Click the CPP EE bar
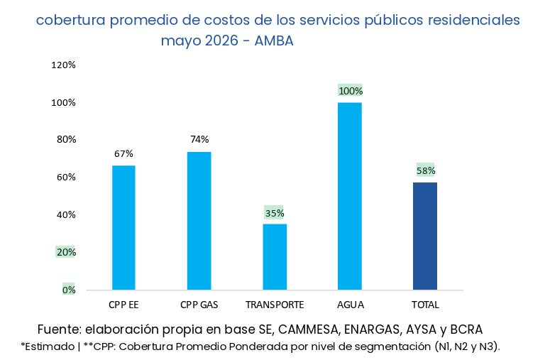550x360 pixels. click(123, 228)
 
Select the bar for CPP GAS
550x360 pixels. click(199, 221)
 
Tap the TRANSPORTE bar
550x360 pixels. click(275, 257)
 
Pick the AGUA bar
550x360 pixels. click(350, 196)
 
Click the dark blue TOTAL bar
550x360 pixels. click(425, 236)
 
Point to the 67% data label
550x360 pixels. click(123, 153)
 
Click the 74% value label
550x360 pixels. click(199, 139)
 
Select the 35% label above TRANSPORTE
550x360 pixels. click(275, 213)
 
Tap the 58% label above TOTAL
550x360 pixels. click(426, 170)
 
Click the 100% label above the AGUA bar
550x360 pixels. click(351, 91)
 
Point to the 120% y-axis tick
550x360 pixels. click(63, 65)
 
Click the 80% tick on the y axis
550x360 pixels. click(66, 140)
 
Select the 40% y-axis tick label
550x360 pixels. click(66, 214)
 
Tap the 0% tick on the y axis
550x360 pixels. click(69, 290)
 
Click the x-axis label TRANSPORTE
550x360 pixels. click(275, 305)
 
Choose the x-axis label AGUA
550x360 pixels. click(351, 305)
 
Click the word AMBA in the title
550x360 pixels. click(274, 41)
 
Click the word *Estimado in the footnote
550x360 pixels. click(48, 347)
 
